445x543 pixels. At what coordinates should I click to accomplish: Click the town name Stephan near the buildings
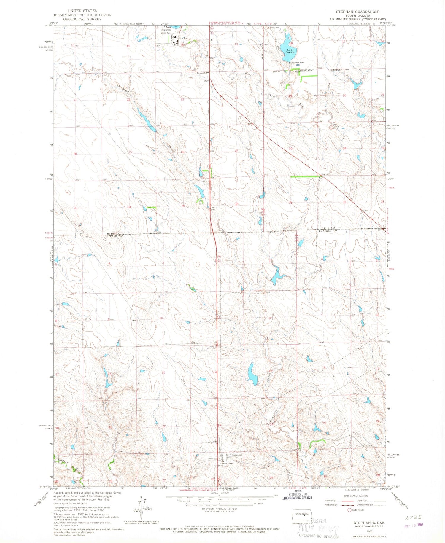coord(184,38)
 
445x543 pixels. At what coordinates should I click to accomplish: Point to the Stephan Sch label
coord(203,73)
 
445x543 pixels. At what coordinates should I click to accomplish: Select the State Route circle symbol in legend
coord(349,510)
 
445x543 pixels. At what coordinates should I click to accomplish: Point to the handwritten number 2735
coord(413,517)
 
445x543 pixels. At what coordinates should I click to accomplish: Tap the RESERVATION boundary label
coord(305,71)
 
